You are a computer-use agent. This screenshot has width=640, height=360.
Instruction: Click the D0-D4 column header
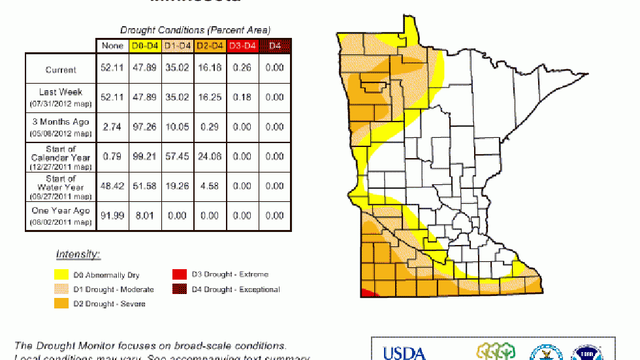click(x=144, y=46)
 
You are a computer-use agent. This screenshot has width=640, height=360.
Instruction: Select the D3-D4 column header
click(x=242, y=46)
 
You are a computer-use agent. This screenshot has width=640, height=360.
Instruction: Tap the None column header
click(x=112, y=46)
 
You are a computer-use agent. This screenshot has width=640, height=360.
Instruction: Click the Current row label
click(x=61, y=69)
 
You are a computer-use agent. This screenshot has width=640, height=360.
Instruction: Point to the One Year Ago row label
click(x=60, y=215)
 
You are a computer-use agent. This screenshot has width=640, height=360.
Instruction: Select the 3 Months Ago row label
click(x=60, y=127)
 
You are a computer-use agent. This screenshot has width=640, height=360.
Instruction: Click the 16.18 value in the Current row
click(x=209, y=68)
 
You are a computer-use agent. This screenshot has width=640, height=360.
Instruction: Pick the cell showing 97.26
click(x=144, y=127)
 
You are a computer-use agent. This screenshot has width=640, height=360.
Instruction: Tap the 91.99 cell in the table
click(x=112, y=216)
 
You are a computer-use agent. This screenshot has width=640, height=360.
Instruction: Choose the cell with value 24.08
click(x=209, y=156)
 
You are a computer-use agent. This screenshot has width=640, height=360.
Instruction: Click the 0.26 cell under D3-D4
click(x=242, y=68)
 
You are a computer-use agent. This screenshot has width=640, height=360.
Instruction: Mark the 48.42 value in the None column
click(x=112, y=186)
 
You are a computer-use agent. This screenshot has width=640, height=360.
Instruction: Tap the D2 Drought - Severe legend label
click(x=109, y=304)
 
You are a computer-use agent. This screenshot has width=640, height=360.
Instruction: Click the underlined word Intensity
click(x=78, y=254)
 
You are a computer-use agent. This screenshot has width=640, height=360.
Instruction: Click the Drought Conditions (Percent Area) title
click(x=195, y=29)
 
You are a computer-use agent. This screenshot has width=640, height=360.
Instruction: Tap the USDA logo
click(x=404, y=353)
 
